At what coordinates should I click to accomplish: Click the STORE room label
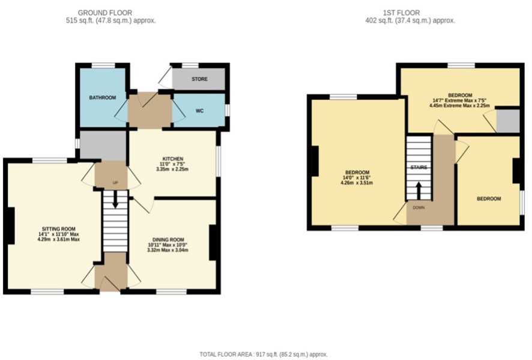click(x=199, y=79)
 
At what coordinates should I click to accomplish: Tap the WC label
click(x=199, y=111)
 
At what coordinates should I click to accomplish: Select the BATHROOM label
click(x=103, y=98)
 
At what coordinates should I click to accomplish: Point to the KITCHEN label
click(x=173, y=159)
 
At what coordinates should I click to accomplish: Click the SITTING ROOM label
click(x=59, y=229)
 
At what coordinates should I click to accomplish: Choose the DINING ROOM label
click(x=168, y=240)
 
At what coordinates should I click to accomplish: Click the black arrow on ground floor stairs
click(x=115, y=200)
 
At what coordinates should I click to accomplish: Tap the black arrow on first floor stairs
click(x=419, y=191)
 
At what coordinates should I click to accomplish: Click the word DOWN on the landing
click(x=419, y=207)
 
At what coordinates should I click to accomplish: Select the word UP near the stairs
click(x=115, y=183)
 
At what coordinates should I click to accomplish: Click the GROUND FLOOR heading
click(x=105, y=13)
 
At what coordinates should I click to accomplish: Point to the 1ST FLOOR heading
click(x=401, y=13)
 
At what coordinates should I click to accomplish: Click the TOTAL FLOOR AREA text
click(x=264, y=354)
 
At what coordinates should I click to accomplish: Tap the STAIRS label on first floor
click(x=419, y=168)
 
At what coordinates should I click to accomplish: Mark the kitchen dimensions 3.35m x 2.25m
click(x=172, y=169)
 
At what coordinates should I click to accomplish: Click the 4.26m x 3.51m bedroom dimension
click(x=357, y=183)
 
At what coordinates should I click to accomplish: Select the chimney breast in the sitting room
click(x=11, y=226)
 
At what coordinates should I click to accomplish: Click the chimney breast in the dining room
click(x=213, y=242)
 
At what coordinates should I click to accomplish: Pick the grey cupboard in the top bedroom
click(x=508, y=121)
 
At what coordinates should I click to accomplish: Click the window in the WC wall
click(x=228, y=111)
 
